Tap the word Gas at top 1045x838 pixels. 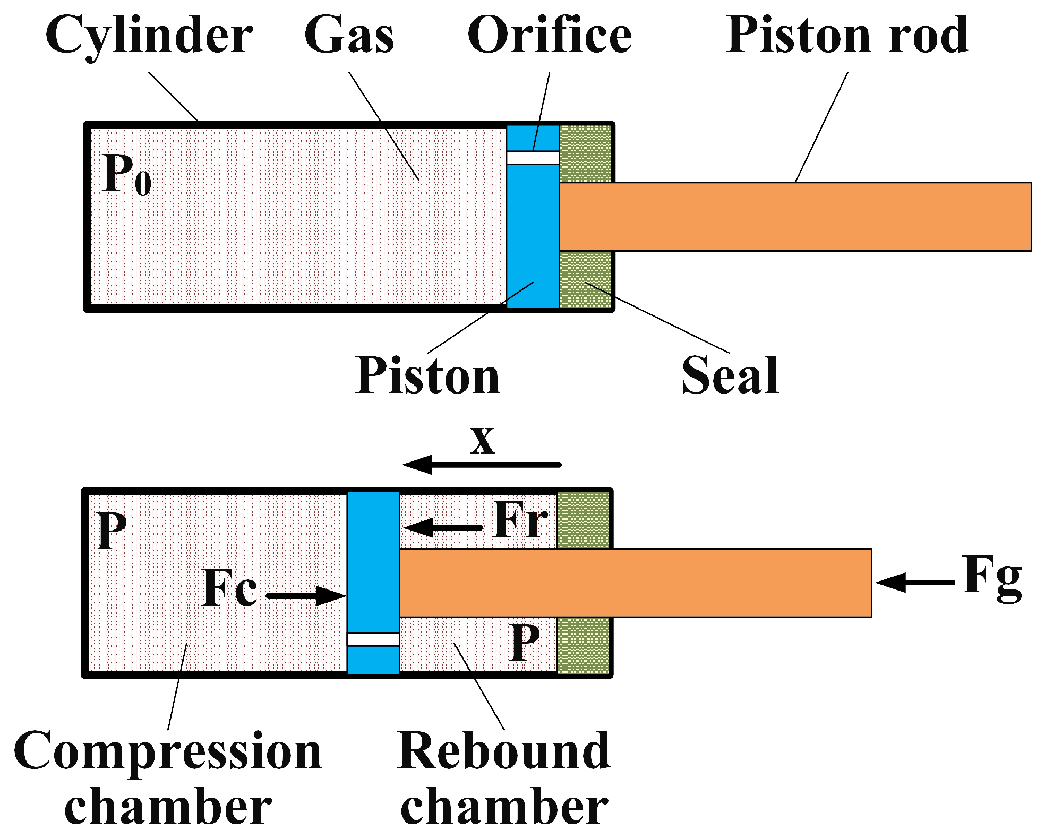tap(349, 35)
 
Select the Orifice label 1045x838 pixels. tap(549, 35)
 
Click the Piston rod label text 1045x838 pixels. tap(847, 35)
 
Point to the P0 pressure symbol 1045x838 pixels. tap(126, 175)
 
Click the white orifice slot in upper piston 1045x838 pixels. tap(533, 158)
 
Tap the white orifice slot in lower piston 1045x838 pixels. tap(373, 639)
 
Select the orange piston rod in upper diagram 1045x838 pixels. tap(794, 217)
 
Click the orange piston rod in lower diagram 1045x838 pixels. tap(635, 583)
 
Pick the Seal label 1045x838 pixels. tap(730, 376)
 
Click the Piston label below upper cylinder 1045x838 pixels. tap(427, 376)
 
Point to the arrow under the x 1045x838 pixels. tap(481, 465)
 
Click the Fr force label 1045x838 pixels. tap(520, 520)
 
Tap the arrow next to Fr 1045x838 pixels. tap(443, 528)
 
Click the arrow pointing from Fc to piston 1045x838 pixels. tap(306, 595)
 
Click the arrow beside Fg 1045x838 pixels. tap(915, 583)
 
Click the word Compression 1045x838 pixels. tap(167, 751)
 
